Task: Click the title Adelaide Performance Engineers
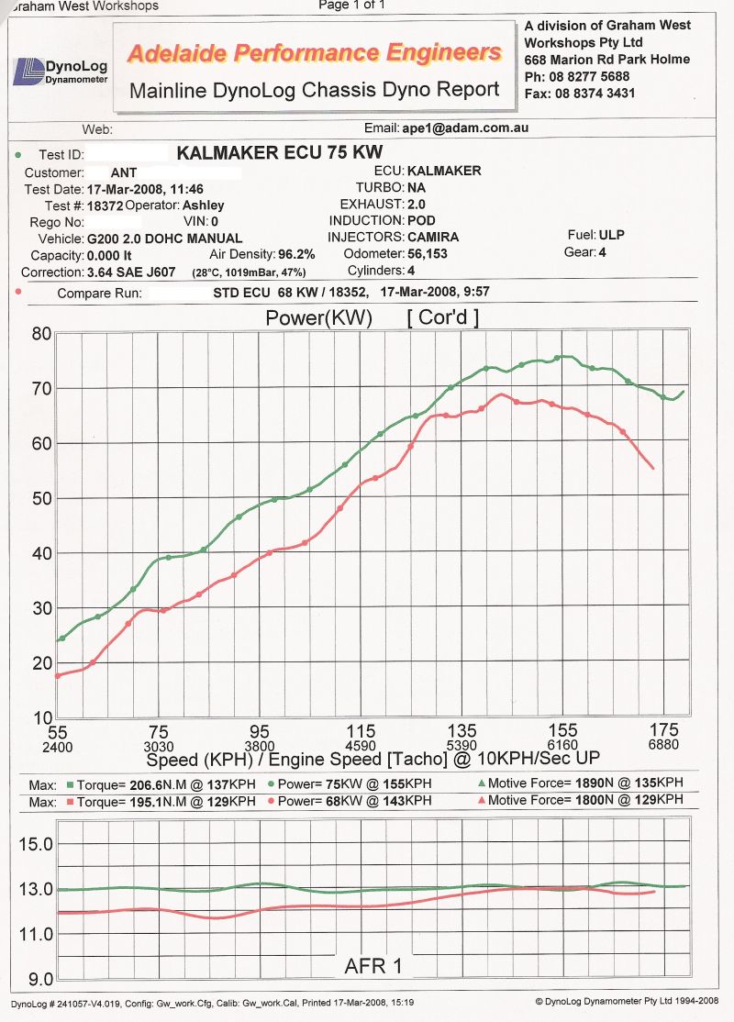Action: [x=315, y=53]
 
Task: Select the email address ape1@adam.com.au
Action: [x=465, y=128]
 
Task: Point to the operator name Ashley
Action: [x=204, y=206]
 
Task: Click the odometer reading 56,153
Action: [x=428, y=253]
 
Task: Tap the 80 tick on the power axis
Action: [x=40, y=334]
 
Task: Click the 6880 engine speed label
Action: [x=664, y=747]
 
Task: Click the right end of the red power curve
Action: [x=653, y=469]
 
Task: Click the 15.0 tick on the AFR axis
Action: [x=36, y=844]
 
